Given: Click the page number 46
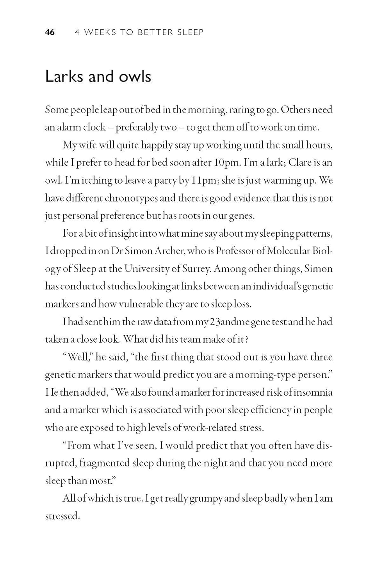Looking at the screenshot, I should pos(50,32).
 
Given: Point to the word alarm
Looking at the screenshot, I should pos(81,127).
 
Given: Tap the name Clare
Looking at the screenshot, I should pos(302,163).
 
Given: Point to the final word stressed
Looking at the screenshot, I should pos(62,516).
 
